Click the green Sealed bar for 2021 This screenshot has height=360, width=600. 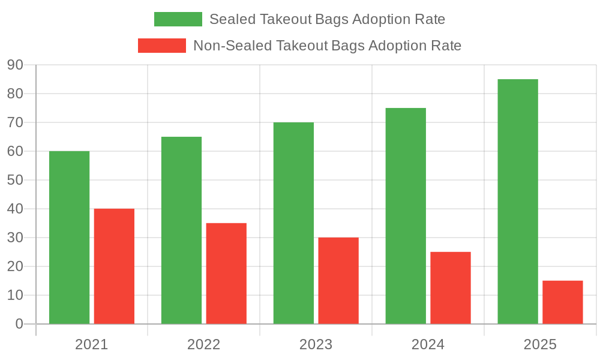[x=69, y=237]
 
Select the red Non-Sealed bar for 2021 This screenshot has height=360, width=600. [x=114, y=266]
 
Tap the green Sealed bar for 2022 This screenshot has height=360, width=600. [x=181, y=230]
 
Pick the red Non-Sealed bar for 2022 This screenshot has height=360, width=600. [x=226, y=273]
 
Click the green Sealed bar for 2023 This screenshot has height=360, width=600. [x=293, y=223]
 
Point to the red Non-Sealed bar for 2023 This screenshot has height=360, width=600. [x=338, y=280]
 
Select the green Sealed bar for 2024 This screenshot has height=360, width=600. [x=406, y=215]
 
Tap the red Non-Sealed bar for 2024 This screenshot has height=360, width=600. [x=451, y=287]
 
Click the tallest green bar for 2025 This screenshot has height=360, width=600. [x=518, y=201]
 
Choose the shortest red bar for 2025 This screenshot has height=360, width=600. [x=563, y=302]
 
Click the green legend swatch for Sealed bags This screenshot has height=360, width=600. [x=178, y=19]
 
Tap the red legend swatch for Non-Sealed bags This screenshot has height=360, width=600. [x=162, y=46]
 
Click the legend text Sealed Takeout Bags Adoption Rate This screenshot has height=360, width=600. [x=327, y=19]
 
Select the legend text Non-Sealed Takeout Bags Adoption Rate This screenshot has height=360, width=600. [x=327, y=46]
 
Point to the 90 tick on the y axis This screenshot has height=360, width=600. [x=15, y=65]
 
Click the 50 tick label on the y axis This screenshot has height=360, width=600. [x=15, y=180]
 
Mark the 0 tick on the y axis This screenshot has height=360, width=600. [x=19, y=324]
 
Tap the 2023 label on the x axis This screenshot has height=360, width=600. [x=316, y=345]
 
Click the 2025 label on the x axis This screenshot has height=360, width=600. [x=540, y=345]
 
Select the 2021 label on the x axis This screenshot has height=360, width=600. [x=91, y=345]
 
